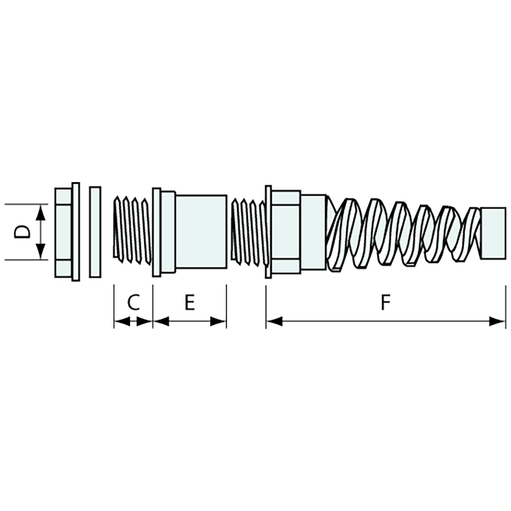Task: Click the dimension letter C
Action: [x=133, y=303]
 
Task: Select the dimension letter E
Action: [x=189, y=303]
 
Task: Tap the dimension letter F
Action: [x=385, y=303]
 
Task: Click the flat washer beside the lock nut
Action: [x=94, y=232]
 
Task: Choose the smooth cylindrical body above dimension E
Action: [x=201, y=231]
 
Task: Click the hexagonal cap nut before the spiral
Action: [x=285, y=231]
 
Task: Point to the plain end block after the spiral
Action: [x=493, y=233]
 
